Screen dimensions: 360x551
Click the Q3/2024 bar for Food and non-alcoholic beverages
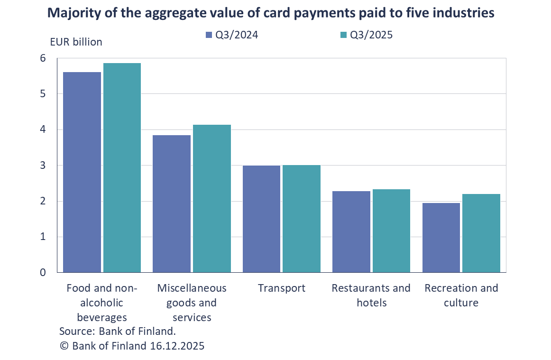82,172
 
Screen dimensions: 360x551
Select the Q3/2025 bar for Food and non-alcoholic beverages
122,167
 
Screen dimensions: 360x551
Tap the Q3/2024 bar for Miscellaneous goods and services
172,203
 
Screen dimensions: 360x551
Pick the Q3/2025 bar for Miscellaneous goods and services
211,198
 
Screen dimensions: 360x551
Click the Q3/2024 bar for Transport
261,219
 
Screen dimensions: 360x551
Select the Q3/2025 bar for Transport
301,218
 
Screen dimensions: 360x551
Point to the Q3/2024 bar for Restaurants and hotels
351,231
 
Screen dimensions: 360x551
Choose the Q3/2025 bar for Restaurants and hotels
391,231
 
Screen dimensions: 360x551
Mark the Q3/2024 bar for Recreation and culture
441,237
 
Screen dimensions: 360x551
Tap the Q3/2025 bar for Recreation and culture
481,233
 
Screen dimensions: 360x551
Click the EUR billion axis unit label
76,42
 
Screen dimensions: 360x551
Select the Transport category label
282,288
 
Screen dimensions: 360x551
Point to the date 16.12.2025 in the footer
177,346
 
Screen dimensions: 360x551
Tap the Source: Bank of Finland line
117,331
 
